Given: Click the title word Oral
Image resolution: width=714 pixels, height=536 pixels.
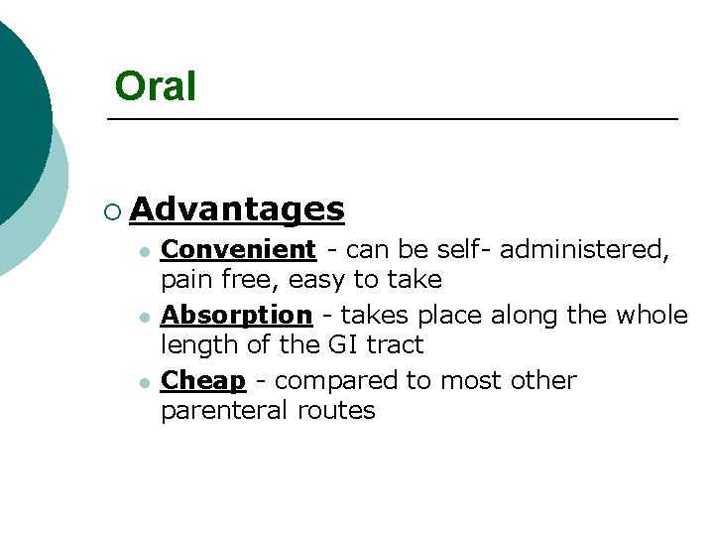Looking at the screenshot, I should (155, 86).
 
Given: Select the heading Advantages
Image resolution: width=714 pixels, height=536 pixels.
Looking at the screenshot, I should (237, 208).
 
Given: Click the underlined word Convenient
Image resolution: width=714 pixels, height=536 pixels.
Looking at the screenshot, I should (238, 249).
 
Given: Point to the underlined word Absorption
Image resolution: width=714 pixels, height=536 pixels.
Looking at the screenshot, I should (236, 316).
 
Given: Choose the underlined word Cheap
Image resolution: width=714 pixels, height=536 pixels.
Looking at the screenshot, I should (202, 381).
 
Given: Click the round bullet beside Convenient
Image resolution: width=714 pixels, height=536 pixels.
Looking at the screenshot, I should (144, 252).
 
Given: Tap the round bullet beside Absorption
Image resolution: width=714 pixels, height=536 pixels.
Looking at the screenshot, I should (144, 318).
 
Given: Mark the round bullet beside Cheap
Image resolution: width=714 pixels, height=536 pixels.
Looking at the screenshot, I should (144, 383).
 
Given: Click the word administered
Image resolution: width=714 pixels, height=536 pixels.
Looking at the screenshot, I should (584, 250).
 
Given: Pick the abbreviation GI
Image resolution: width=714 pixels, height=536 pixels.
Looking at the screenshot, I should (337, 345).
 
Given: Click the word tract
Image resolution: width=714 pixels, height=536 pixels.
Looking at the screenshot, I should (392, 345).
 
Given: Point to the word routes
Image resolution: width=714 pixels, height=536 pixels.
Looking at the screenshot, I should (336, 411).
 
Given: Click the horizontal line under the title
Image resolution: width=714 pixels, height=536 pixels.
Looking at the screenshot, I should (392, 120).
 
